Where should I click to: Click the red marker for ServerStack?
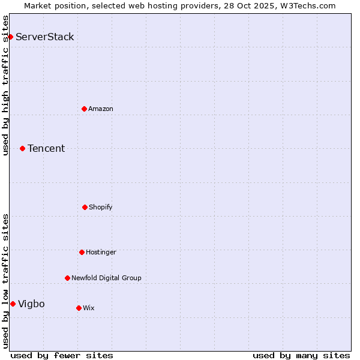pos(10,37)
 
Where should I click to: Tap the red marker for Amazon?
pos(84,109)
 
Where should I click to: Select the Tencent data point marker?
pos(22,148)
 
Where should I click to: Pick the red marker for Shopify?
pos(85,207)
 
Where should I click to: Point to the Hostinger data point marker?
pos(82,252)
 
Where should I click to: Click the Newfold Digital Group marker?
pos(67,278)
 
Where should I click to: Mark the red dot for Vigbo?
pos(13,304)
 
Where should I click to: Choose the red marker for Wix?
pos(79,308)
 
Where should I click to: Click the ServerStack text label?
pos(45,37)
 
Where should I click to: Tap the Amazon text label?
pos(101,109)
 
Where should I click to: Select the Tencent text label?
pos(46,148)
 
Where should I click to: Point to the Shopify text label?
pos(101,207)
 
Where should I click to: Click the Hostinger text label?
pos(101,252)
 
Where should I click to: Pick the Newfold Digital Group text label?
pos(106,278)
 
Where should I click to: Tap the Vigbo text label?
pos(31,304)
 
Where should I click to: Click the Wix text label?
pos(89,308)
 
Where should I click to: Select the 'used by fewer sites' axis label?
pos(62,355)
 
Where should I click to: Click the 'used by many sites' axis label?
pos(301,355)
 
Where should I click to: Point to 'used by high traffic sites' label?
pos(5,85)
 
